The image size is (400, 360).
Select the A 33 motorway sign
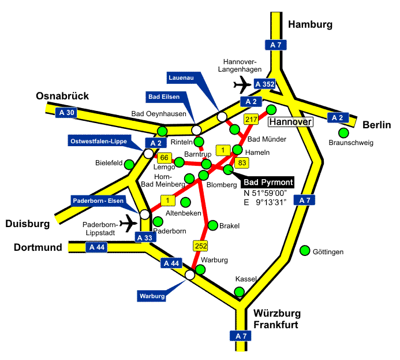pyautogui.click(x=144, y=237)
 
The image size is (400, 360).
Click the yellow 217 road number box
pyautogui.click(x=251, y=120)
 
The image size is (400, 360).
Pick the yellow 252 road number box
pyautogui.click(x=200, y=246)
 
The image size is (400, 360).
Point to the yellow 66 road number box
pyautogui.click(x=165, y=157)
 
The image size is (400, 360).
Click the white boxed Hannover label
pyautogui.click(x=290, y=122)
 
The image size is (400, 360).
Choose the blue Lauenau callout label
pyautogui.click(x=181, y=77)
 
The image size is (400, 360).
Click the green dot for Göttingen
pyautogui.click(x=305, y=251)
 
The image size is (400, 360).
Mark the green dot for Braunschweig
pyautogui.click(x=343, y=132)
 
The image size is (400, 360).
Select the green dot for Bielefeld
pyautogui.click(x=130, y=165)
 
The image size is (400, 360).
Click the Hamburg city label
pyautogui.click(x=311, y=24)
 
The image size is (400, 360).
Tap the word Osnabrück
pyautogui.click(x=62, y=96)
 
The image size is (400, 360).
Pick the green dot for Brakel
pyautogui.click(x=212, y=225)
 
